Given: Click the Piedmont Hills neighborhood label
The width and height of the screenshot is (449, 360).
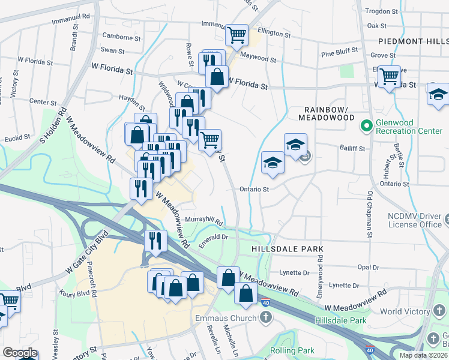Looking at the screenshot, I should point(413,41).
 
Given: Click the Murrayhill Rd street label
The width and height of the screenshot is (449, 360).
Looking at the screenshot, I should point(203,221).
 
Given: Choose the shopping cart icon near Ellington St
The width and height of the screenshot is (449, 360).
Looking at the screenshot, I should point(237,34).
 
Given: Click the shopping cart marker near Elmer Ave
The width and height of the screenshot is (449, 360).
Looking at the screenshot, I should point(390,76).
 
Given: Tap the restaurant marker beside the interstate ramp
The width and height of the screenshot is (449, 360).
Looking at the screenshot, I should point(155,240).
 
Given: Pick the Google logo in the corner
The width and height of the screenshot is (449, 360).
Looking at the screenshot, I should point(20,353).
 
